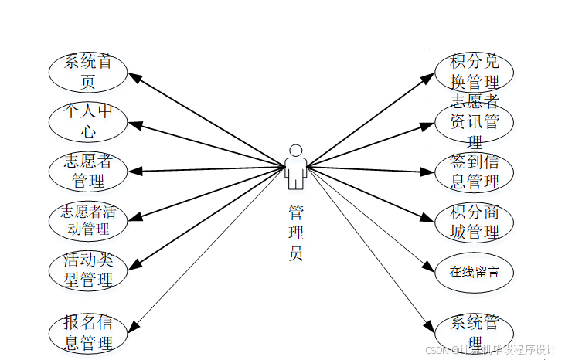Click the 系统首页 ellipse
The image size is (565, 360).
pyautogui.click(x=87, y=71)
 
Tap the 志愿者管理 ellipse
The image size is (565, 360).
pyautogui.click(x=87, y=171)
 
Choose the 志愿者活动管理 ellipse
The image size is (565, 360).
pyautogui.click(x=87, y=220)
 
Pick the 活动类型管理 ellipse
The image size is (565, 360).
pyautogui.click(x=87, y=270)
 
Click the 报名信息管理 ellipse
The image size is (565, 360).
pyautogui.click(x=87, y=332)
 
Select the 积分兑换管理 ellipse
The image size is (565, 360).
pyautogui.click(x=474, y=71)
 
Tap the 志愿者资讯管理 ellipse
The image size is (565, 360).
pyautogui.click(x=474, y=121)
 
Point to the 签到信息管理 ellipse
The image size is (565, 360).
pyautogui.click(x=474, y=171)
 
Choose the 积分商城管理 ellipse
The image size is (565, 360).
pyautogui.click(x=474, y=220)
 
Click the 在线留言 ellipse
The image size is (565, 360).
pyautogui.click(x=474, y=271)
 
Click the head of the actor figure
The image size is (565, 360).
pyautogui.click(x=295, y=150)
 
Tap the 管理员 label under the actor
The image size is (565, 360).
pyautogui.click(x=295, y=232)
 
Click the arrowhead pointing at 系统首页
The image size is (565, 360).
pyautogui.click(x=133, y=76)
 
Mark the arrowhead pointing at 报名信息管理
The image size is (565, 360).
pyautogui.click(x=132, y=328)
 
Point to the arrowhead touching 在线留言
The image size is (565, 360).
pyautogui.click(x=429, y=267)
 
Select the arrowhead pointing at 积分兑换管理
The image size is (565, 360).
pyautogui.click(x=429, y=76)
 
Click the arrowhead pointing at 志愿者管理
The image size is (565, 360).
pyautogui.click(x=133, y=171)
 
